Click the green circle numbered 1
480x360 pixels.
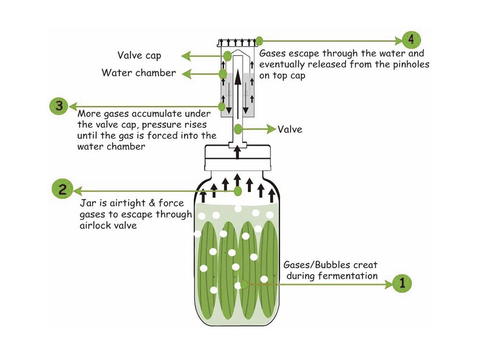[402, 283]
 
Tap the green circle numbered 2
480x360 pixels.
[62, 189]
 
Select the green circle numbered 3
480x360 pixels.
[59, 106]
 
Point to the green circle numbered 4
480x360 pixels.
[411, 39]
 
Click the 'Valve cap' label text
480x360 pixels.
[136, 55]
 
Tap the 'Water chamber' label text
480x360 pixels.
[139, 73]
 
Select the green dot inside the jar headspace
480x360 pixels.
[238, 191]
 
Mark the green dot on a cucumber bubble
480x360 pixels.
[244, 283]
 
